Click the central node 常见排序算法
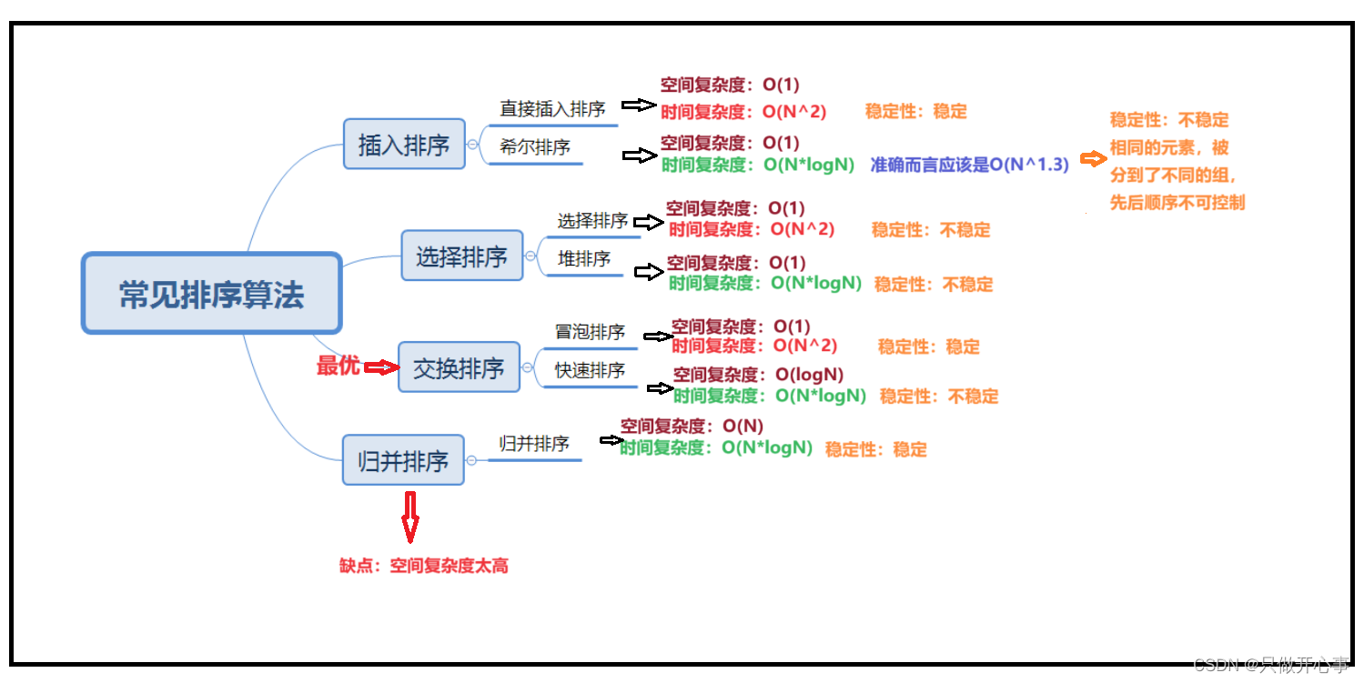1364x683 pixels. pyautogui.click(x=211, y=293)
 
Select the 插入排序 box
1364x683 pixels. pyautogui.click(x=404, y=144)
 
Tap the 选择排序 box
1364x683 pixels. pyautogui.click(x=462, y=256)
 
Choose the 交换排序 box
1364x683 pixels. pyautogui.click(x=459, y=367)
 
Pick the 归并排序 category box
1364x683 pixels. pyautogui.click(x=403, y=460)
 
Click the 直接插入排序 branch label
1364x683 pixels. pyautogui.click(x=552, y=109)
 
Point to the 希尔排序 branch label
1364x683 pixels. pyautogui.click(x=535, y=146)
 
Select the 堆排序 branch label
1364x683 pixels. pyautogui.click(x=584, y=259)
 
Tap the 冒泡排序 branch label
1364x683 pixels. pyautogui.click(x=590, y=332)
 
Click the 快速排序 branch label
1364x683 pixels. pyautogui.click(x=590, y=370)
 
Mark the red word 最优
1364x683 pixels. pyautogui.click(x=338, y=366)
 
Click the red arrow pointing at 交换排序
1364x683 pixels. pyautogui.click(x=381, y=367)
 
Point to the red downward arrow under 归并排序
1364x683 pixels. pyautogui.click(x=410, y=516)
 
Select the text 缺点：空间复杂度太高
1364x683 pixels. pyautogui.click(x=424, y=566)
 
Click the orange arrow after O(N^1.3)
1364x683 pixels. pyautogui.click(x=1092, y=159)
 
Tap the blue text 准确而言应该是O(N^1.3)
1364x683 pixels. pyautogui.click(x=969, y=165)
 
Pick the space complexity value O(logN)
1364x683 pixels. pyautogui.click(x=809, y=375)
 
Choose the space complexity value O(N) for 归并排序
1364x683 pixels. pyautogui.click(x=743, y=426)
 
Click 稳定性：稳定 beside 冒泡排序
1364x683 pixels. pyautogui.click(x=928, y=347)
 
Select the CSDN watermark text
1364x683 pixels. pyautogui.click(x=1270, y=665)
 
